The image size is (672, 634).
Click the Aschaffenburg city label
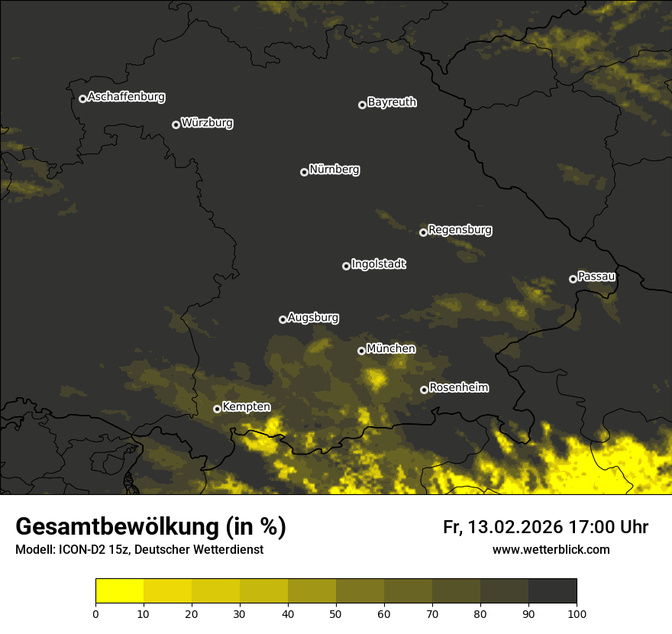click(x=126, y=97)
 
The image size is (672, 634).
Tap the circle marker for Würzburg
click(x=176, y=125)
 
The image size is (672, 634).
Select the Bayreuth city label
click(x=392, y=102)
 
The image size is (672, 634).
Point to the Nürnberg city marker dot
click(x=304, y=172)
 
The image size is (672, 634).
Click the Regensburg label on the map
click(x=460, y=230)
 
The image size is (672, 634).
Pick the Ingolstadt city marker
click(x=346, y=266)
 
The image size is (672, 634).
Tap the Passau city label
click(x=596, y=277)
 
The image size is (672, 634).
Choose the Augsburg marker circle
click(x=283, y=319)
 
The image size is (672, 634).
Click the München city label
click(x=391, y=349)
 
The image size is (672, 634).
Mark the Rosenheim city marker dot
click(x=424, y=390)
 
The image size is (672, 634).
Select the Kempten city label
click(x=246, y=407)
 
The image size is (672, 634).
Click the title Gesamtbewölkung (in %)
click(x=150, y=526)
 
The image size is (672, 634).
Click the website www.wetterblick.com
click(x=551, y=549)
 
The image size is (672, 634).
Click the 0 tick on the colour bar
click(x=95, y=613)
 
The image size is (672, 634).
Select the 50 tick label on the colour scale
click(x=336, y=613)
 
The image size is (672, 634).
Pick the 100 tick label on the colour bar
click(x=577, y=613)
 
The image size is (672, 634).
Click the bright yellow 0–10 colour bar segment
click(x=119, y=591)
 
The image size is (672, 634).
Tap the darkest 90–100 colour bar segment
click(x=552, y=591)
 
